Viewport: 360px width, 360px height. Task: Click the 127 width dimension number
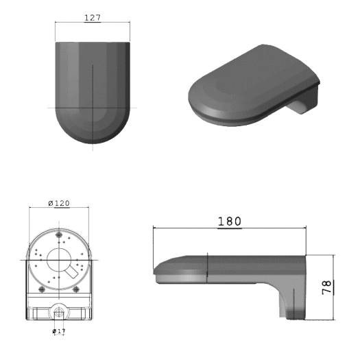click(92, 17)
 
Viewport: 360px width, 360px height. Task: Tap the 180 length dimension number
click(228, 221)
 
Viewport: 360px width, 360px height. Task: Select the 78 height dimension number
click(327, 286)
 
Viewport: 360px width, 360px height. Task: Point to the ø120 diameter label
click(62, 203)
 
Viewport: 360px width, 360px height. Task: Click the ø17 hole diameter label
click(59, 331)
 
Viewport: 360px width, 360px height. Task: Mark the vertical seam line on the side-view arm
click(207, 267)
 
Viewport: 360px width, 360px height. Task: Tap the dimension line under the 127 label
click(92, 23)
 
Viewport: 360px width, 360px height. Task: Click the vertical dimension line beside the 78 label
click(334, 286)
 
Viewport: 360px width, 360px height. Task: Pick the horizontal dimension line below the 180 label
click(228, 228)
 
